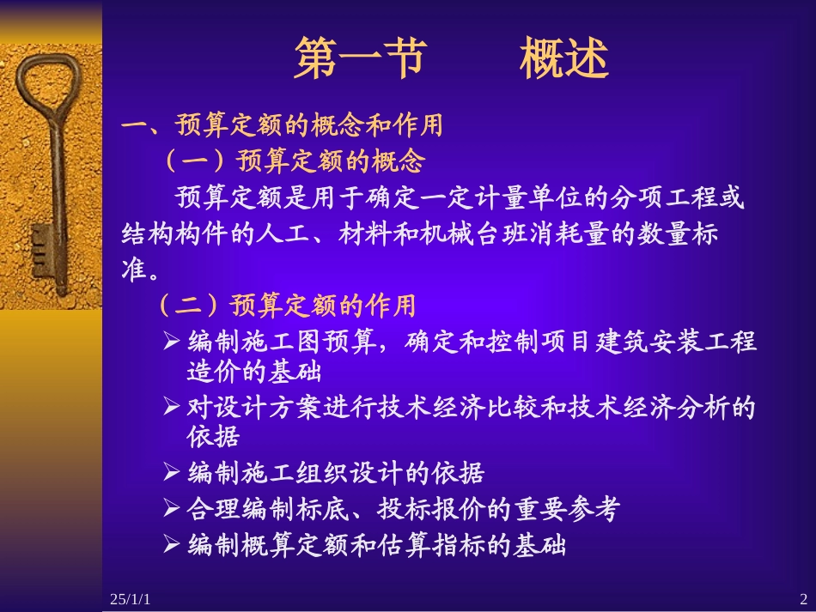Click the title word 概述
click(563, 58)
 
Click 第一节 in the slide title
click(358, 58)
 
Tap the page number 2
click(803, 598)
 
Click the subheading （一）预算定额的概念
click(292, 161)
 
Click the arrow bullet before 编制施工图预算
click(171, 342)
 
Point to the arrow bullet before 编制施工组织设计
click(171, 472)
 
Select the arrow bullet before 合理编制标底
click(171, 509)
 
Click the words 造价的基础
click(253, 373)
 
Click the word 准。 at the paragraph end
click(140, 270)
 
